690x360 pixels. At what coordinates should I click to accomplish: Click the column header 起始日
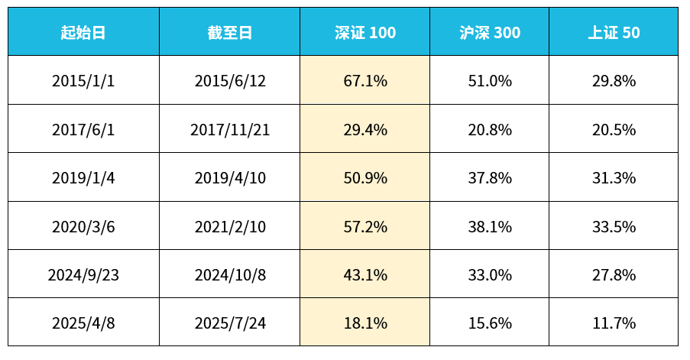tap(83, 32)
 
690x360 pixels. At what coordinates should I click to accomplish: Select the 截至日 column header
tap(229, 32)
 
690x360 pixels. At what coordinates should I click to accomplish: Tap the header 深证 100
tap(365, 32)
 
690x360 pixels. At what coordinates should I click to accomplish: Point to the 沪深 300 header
tap(490, 32)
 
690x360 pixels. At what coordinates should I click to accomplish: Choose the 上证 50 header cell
tap(614, 32)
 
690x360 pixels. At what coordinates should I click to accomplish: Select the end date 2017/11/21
tap(230, 130)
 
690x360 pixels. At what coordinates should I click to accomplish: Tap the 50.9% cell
tap(365, 178)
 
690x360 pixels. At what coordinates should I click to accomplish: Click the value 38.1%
tap(490, 226)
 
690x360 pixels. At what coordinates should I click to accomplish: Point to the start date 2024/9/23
tap(83, 274)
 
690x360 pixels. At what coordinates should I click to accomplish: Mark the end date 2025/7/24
tap(230, 323)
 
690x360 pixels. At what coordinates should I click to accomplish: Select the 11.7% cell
tap(614, 323)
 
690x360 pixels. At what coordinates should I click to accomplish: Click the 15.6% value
tap(490, 323)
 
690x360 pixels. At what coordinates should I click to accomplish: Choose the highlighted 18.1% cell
tap(365, 323)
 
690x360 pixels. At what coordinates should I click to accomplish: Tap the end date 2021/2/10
tap(230, 226)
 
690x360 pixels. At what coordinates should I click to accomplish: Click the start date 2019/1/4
tap(83, 178)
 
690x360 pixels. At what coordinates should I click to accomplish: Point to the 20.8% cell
tap(490, 130)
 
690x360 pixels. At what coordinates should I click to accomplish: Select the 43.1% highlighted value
tap(365, 274)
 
